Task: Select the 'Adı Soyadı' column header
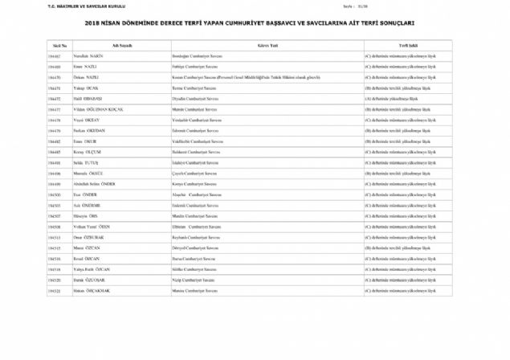click(121, 47)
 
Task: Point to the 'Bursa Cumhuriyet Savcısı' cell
click(193, 259)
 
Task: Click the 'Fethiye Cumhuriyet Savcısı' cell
click(193, 67)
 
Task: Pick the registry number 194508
click(55, 227)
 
